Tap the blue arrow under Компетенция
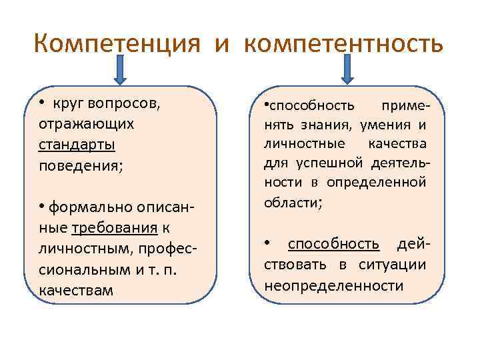119,69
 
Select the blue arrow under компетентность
346,69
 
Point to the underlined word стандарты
77,145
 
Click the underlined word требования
114,229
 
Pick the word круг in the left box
66,104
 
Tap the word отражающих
86,125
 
